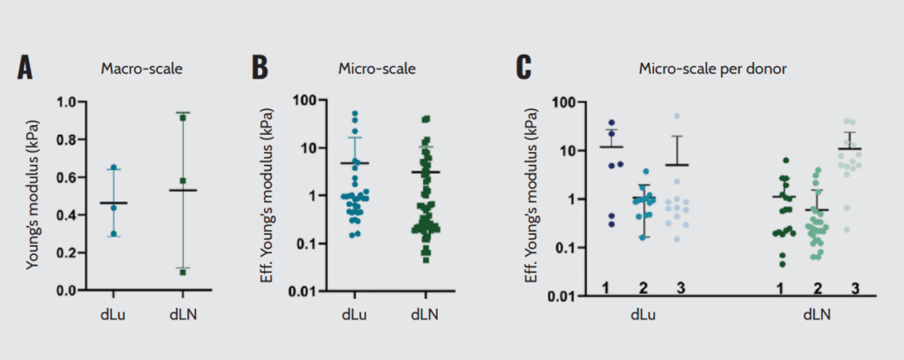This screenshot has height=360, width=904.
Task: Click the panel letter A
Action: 26,69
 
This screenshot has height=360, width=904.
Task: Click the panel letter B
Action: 260,69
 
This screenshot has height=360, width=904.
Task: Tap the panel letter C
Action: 524,69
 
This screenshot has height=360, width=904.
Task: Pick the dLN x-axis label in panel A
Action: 184,311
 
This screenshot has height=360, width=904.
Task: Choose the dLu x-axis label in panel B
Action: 354,311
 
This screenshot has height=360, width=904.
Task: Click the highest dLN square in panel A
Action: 183,116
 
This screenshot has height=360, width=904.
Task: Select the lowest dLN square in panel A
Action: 183,272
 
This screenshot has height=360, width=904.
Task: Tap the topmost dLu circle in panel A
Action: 113,167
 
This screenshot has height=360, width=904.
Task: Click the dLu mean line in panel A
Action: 113,203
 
